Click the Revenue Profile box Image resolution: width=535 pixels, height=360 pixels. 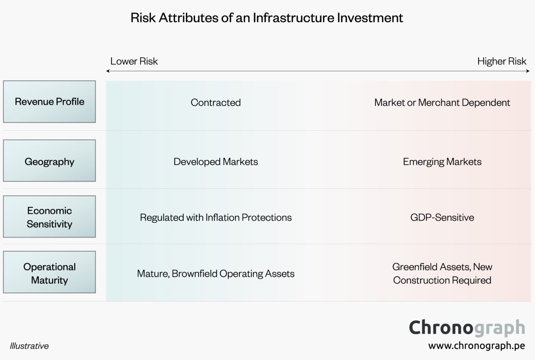pyautogui.click(x=49, y=102)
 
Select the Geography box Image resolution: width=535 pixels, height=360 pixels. pyautogui.click(x=49, y=161)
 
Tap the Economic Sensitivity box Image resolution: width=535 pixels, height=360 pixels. pyautogui.click(x=49, y=217)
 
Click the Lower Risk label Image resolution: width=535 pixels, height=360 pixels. pyautogui.click(x=134, y=61)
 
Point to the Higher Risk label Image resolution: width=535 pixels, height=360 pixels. pyautogui.click(x=502, y=61)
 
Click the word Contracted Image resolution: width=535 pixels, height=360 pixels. pyautogui.click(x=216, y=102)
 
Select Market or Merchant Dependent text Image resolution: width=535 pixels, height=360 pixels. pyautogui.click(x=442, y=102)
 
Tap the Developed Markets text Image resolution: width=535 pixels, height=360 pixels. pyautogui.click(x=216, y=161)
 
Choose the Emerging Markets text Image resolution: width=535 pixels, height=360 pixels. pyautogui.click(x=442, y=161)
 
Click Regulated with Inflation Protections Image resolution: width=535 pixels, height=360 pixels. pyautogui.click(x=216, y=217)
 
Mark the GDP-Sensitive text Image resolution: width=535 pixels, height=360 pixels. pyautogui.click(x=442, y=217)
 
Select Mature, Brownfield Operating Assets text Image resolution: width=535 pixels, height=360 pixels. pyautogui.click(x=216, y=273)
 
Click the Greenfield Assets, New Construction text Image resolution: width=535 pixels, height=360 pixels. pyautogui.click(x=442, y=273)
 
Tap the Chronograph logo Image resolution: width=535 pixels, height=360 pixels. pyautogui.click(x=466, y=327)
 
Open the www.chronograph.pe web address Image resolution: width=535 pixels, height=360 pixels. pyautogui.click(x=476, y=346)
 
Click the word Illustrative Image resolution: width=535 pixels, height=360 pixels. pyautogui.click(x=29, y=346)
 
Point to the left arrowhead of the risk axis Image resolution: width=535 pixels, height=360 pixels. pyautogui.click(x=108, y=71)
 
